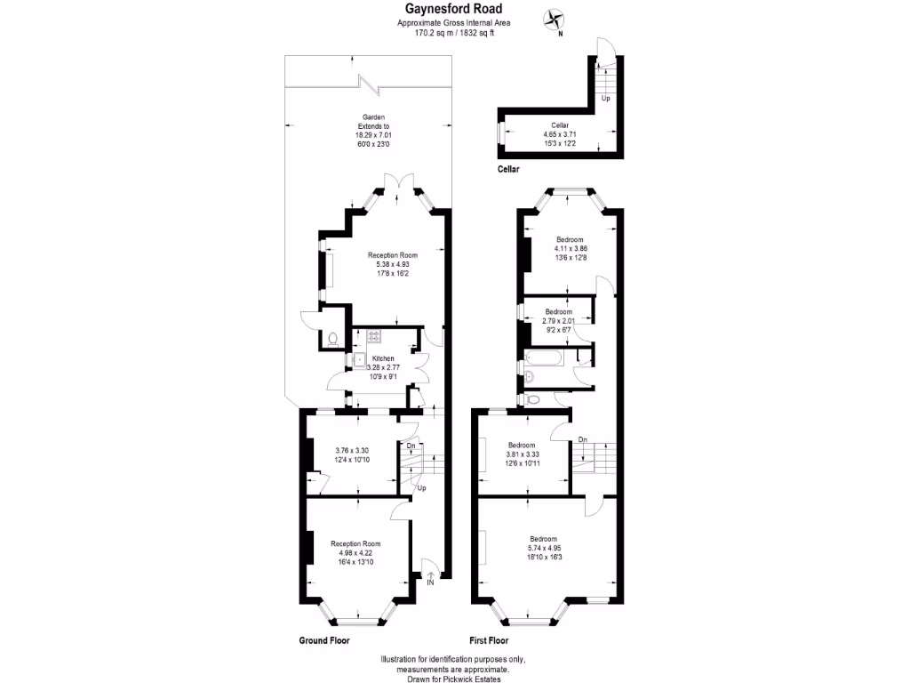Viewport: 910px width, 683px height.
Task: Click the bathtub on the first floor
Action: point(544,359)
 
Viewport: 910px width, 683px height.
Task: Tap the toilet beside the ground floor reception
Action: point(332,339)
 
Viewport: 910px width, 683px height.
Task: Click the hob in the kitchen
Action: point(374,336)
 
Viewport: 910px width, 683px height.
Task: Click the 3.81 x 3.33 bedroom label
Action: point(522,454)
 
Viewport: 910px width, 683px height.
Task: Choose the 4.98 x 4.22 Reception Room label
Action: point(355,553)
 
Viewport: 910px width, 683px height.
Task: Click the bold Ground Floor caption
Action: point(323,640)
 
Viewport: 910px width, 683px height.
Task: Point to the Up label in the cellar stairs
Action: point(605,99)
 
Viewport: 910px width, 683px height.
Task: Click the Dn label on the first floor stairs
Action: point(583,439)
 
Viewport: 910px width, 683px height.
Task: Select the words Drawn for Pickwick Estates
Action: point(454,679)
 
